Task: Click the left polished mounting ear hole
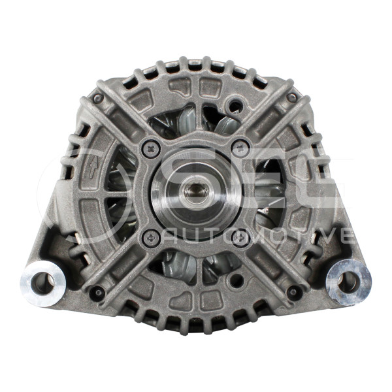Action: point(42,284)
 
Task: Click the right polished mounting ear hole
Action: point(348,282)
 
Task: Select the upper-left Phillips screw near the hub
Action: point(151,149)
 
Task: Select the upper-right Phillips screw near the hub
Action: point(240,149)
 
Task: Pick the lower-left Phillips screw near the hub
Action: point(151,238)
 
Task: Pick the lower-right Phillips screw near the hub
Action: point(240,238)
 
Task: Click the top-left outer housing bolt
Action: point(98,98)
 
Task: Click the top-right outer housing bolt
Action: point(292,98)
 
